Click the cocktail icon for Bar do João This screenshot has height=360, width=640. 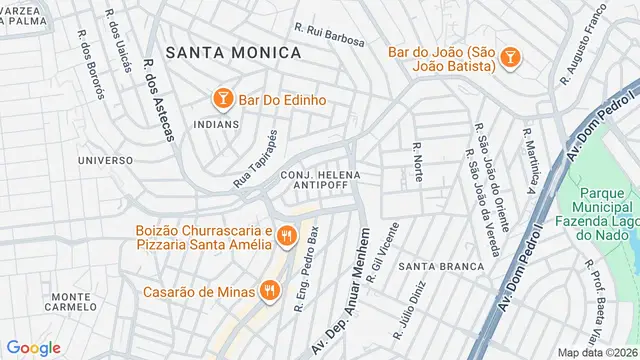(x=509, y=58)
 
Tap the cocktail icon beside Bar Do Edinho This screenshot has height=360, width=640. (x=222, y=100)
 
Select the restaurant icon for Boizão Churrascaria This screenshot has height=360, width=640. (x=286, y=236)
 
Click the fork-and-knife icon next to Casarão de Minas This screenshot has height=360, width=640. (x=268, y=291)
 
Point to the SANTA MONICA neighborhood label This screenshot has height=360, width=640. (x=233, y=52)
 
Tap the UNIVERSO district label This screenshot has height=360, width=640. (x=105, y=160)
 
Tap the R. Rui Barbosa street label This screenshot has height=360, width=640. (x=330, y=34)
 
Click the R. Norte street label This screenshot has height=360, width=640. (x=416, y=163)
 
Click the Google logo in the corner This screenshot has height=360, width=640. (x=33, y=347)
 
